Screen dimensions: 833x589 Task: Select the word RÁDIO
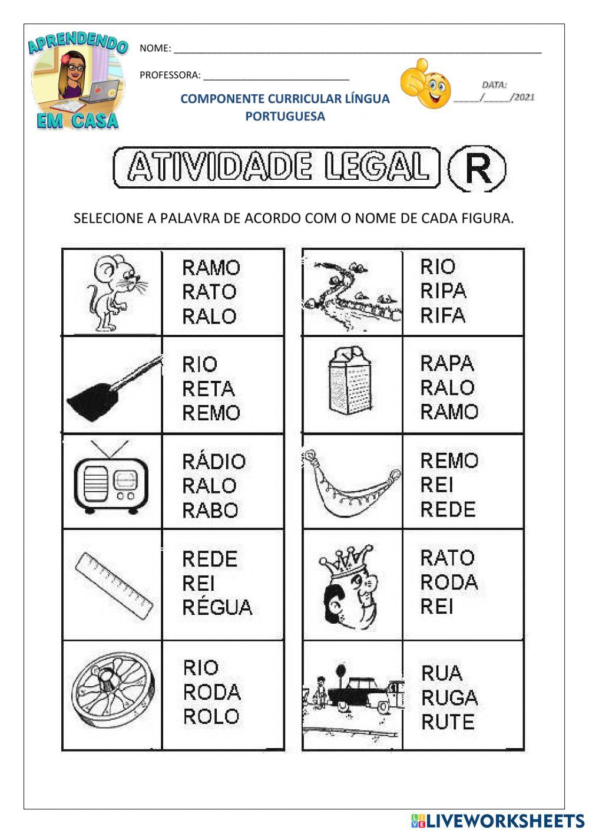[x=213, y=461]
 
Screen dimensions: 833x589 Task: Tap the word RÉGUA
[x=217, y=607]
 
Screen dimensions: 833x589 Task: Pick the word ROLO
[x=211, y=716]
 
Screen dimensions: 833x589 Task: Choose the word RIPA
[x=443, y=291]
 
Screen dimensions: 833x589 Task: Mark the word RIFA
[x=442, y=315]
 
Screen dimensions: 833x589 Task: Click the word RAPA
[x=446, y=363]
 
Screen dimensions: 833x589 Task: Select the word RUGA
[x=449, y=698]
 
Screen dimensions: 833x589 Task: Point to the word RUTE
[x=447, y=722]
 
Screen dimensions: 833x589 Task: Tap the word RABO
[x=210, y=510]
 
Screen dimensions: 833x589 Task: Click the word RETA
[x=208, y=388]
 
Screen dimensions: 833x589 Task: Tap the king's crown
[x=346, y=558]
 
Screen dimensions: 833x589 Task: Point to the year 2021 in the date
[x=524, y=97]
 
